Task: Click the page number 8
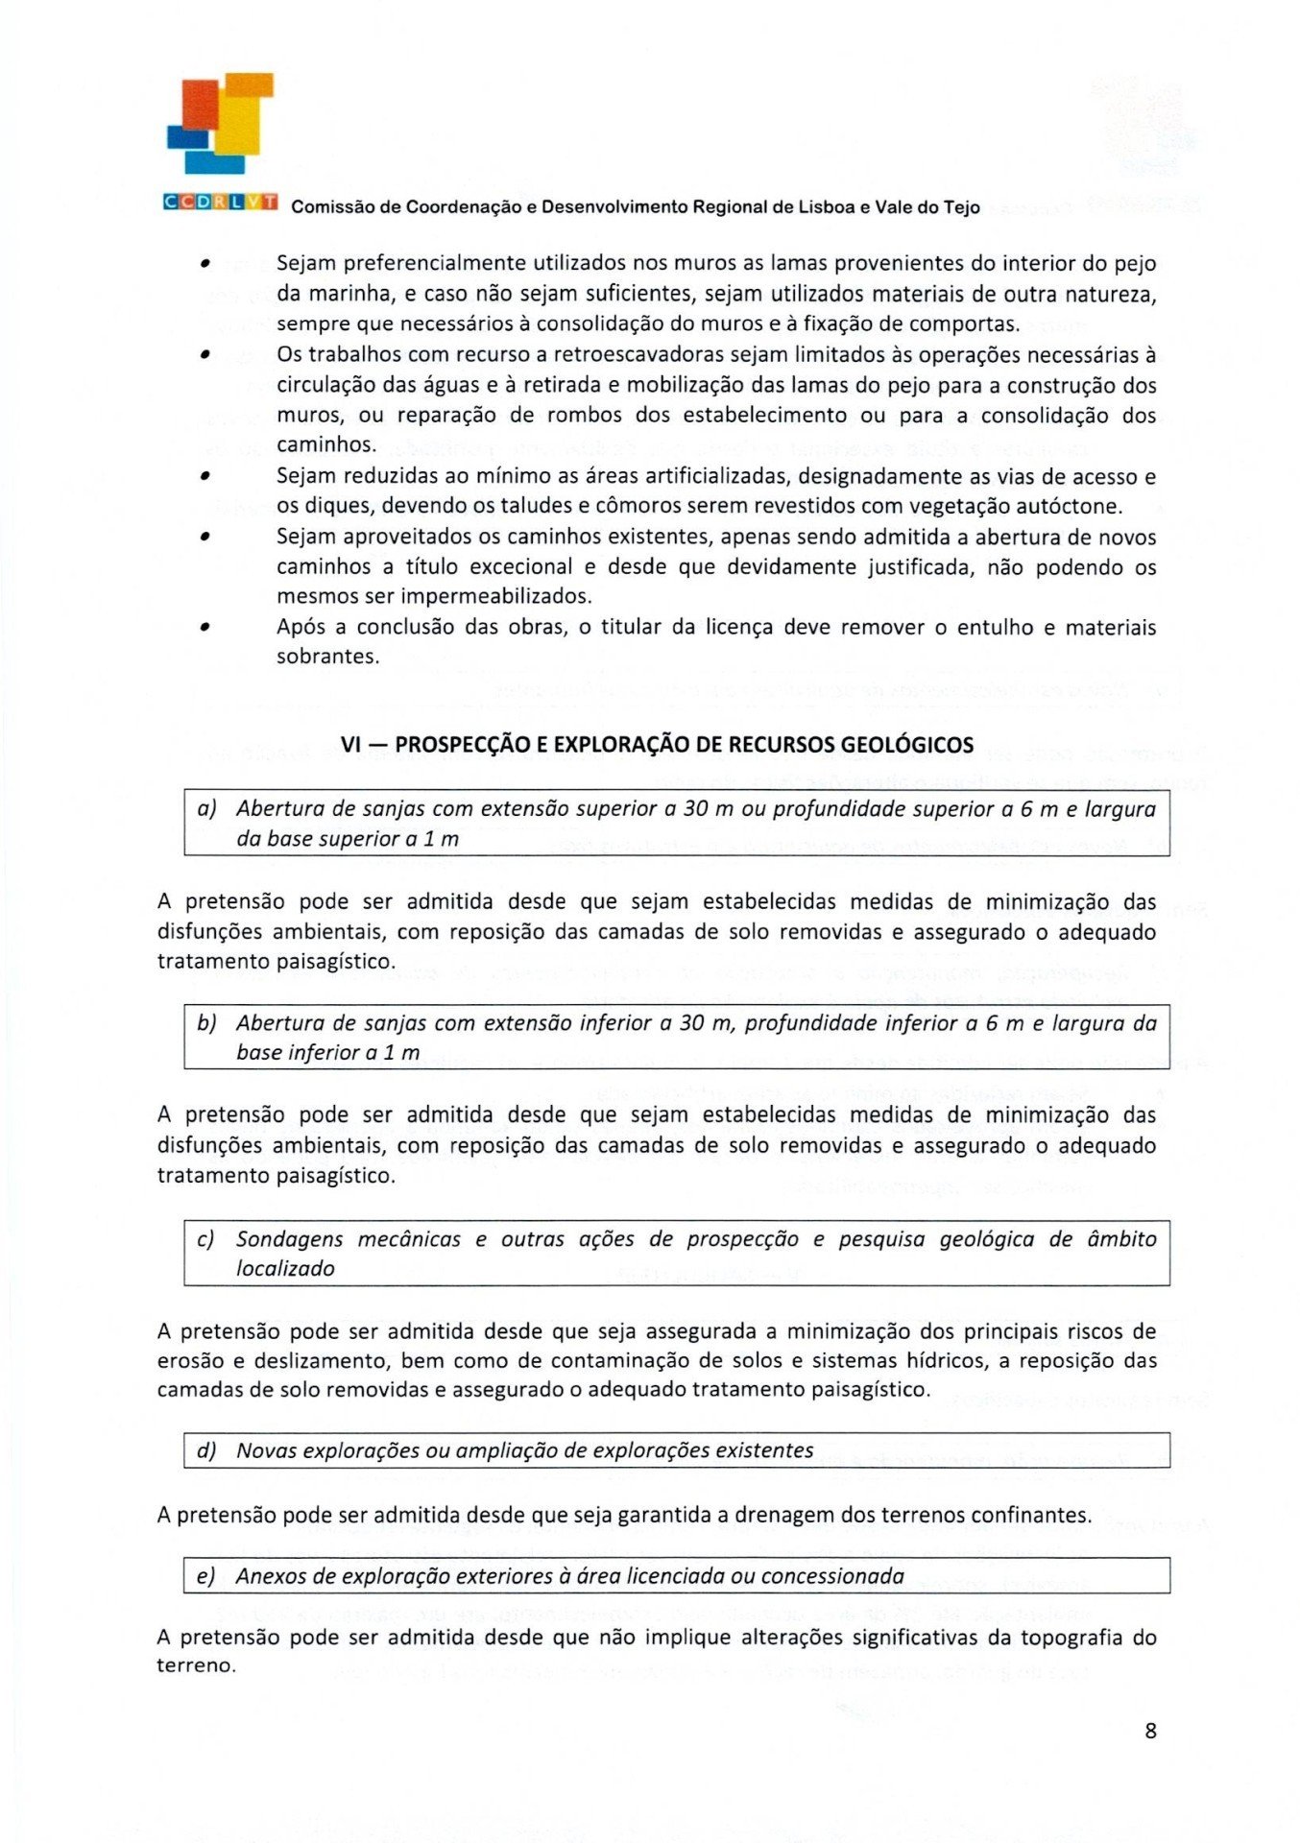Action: (1150, 1731)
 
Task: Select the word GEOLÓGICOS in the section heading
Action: (906, 745)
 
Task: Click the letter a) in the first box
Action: (206, 809)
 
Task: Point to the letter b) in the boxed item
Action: (206, 1023)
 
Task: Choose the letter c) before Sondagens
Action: (205, 1239)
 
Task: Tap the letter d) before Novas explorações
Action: (206, 1450)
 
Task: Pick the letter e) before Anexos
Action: (205, 1576)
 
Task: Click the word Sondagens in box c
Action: (289, 1239)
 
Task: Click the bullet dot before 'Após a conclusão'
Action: (205, 628)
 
